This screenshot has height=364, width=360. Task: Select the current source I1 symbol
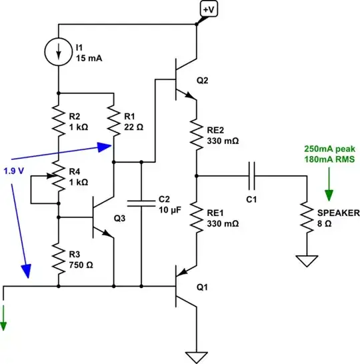click(59, 51)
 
